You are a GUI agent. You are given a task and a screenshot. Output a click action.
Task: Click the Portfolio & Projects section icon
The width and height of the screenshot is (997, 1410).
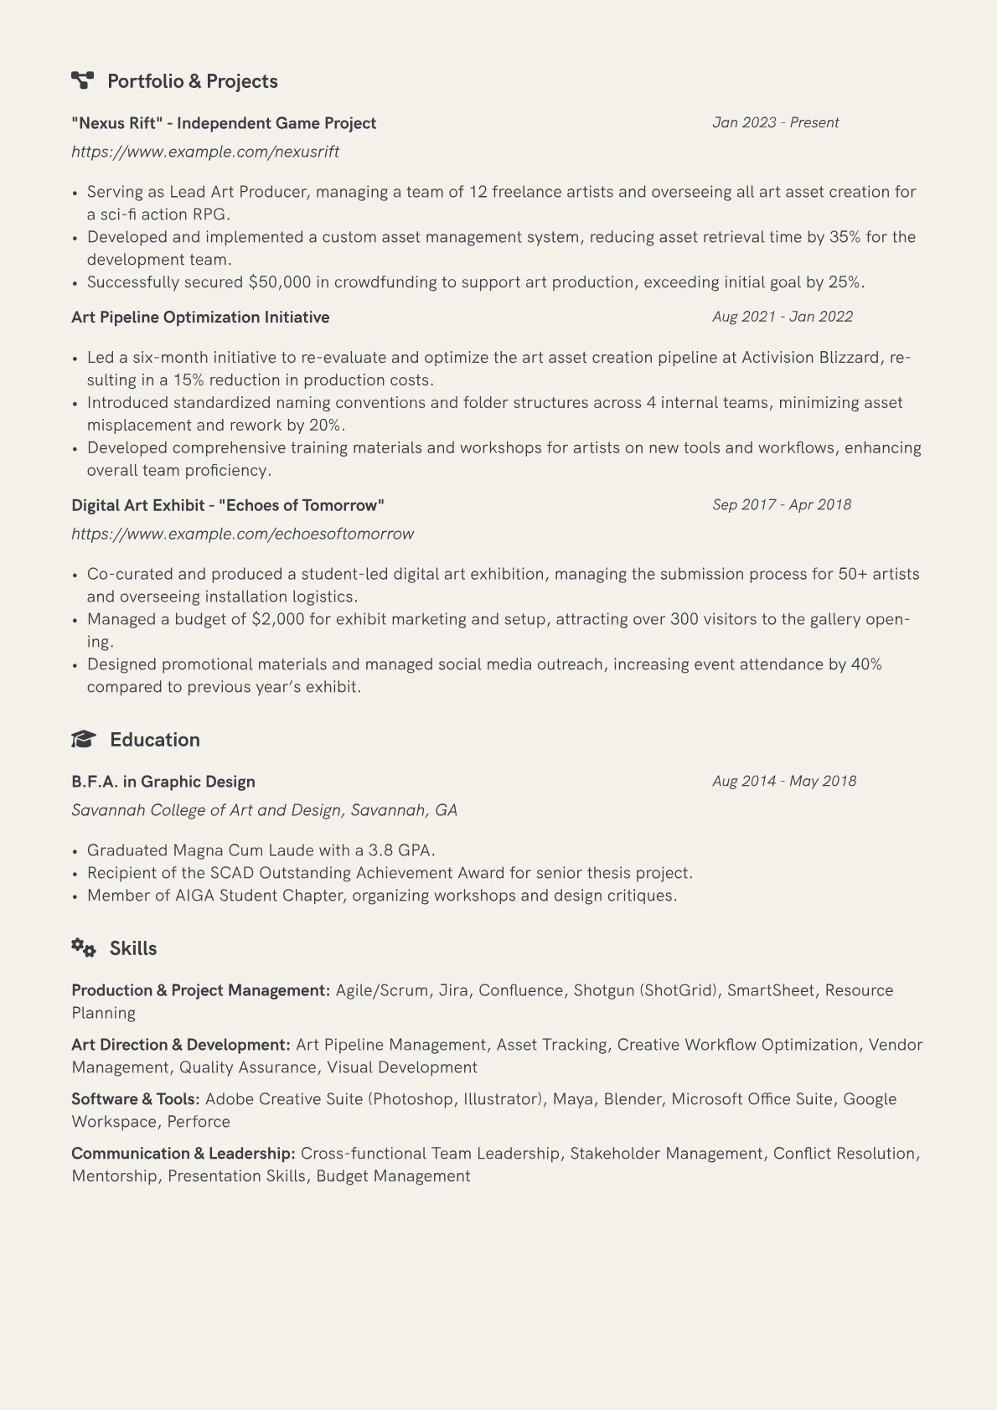[x=82, y=80]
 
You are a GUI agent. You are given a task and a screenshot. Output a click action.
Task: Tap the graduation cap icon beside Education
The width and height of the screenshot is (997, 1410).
[x=83, y=739]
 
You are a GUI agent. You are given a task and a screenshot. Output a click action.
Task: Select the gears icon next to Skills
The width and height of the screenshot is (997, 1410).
[x=83, y=948]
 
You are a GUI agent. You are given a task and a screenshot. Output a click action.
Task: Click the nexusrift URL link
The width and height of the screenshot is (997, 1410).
[x=205, y=152]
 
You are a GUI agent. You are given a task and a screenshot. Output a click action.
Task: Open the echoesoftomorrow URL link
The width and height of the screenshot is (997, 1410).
[x=243, y=534]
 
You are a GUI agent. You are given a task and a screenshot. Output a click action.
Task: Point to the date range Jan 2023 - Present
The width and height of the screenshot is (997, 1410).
[x=775, y=122]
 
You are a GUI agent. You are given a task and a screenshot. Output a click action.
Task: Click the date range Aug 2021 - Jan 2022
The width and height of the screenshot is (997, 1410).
[x=783, y=317]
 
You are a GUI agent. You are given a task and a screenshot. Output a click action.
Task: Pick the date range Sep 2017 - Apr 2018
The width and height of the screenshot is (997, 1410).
[x=782, y=504]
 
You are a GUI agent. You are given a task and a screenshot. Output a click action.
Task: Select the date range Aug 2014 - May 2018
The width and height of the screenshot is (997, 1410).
[x=784, y=781]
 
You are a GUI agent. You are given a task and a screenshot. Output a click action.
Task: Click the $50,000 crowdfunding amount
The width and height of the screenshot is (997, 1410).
[x=280, y=282]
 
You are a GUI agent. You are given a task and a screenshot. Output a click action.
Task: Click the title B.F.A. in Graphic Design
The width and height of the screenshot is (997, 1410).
[x=163, y=782]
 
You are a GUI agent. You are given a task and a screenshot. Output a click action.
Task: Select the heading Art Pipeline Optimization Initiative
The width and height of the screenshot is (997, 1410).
[x=200, y=318]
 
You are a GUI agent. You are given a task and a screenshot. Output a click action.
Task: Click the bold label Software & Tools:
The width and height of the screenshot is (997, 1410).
[x=136, y=1099]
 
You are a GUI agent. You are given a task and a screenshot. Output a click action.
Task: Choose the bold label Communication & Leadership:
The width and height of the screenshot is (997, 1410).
[x=183, y=1154]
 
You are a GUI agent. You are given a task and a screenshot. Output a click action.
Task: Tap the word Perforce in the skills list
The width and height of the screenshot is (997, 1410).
[x=199, y=1122]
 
